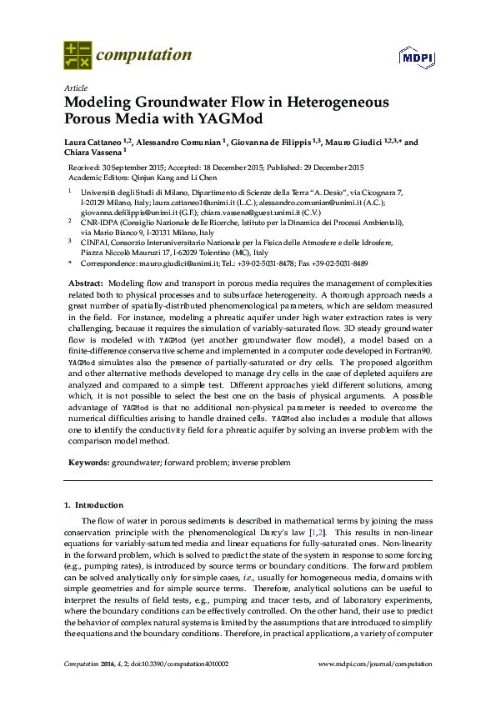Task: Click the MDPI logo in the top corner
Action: [x=413, y=58]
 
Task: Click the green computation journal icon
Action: [x=78, y=56]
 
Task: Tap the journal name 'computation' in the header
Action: [x=144, y=56]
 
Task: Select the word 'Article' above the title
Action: [x=75, y=88]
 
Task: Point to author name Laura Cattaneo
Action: [x=93, y=143]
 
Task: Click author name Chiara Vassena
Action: [x=92, y=153]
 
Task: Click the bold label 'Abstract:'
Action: [x=86, y=285]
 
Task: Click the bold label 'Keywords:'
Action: [x=88, y=462]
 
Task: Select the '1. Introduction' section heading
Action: [x=93, y=505]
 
